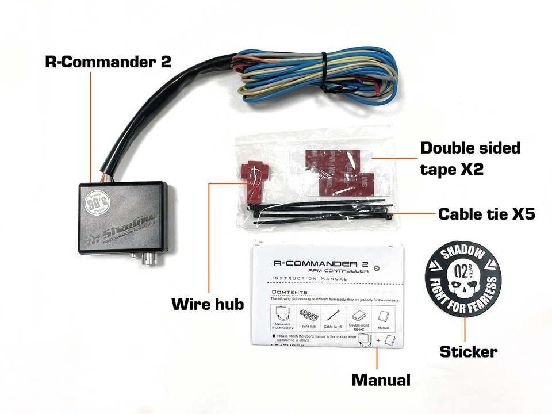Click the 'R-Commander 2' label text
point(108,62)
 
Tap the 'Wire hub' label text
point(208,304)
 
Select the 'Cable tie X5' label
point(486,214)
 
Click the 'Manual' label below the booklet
point(381,379)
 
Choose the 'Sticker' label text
point(469,351)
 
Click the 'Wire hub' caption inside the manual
point(309,325)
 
